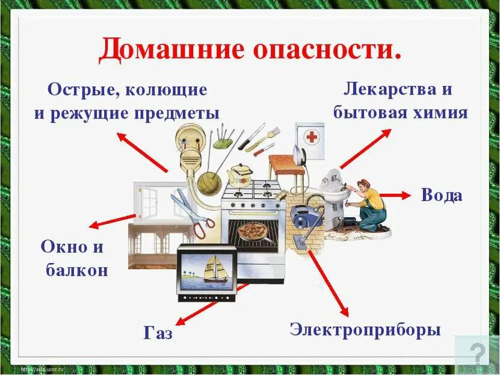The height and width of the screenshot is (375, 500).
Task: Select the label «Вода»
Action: coord(441,195)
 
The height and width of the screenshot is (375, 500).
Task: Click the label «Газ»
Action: coord(158,333)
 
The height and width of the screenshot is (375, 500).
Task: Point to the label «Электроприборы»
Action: coord(365,330)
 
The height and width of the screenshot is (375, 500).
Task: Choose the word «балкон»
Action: coord(77,270)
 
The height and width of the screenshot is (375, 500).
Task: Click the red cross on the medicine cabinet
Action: coord(311,137)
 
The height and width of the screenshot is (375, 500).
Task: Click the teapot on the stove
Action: coord(241,174)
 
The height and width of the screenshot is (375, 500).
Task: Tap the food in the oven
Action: coord(252,230)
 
